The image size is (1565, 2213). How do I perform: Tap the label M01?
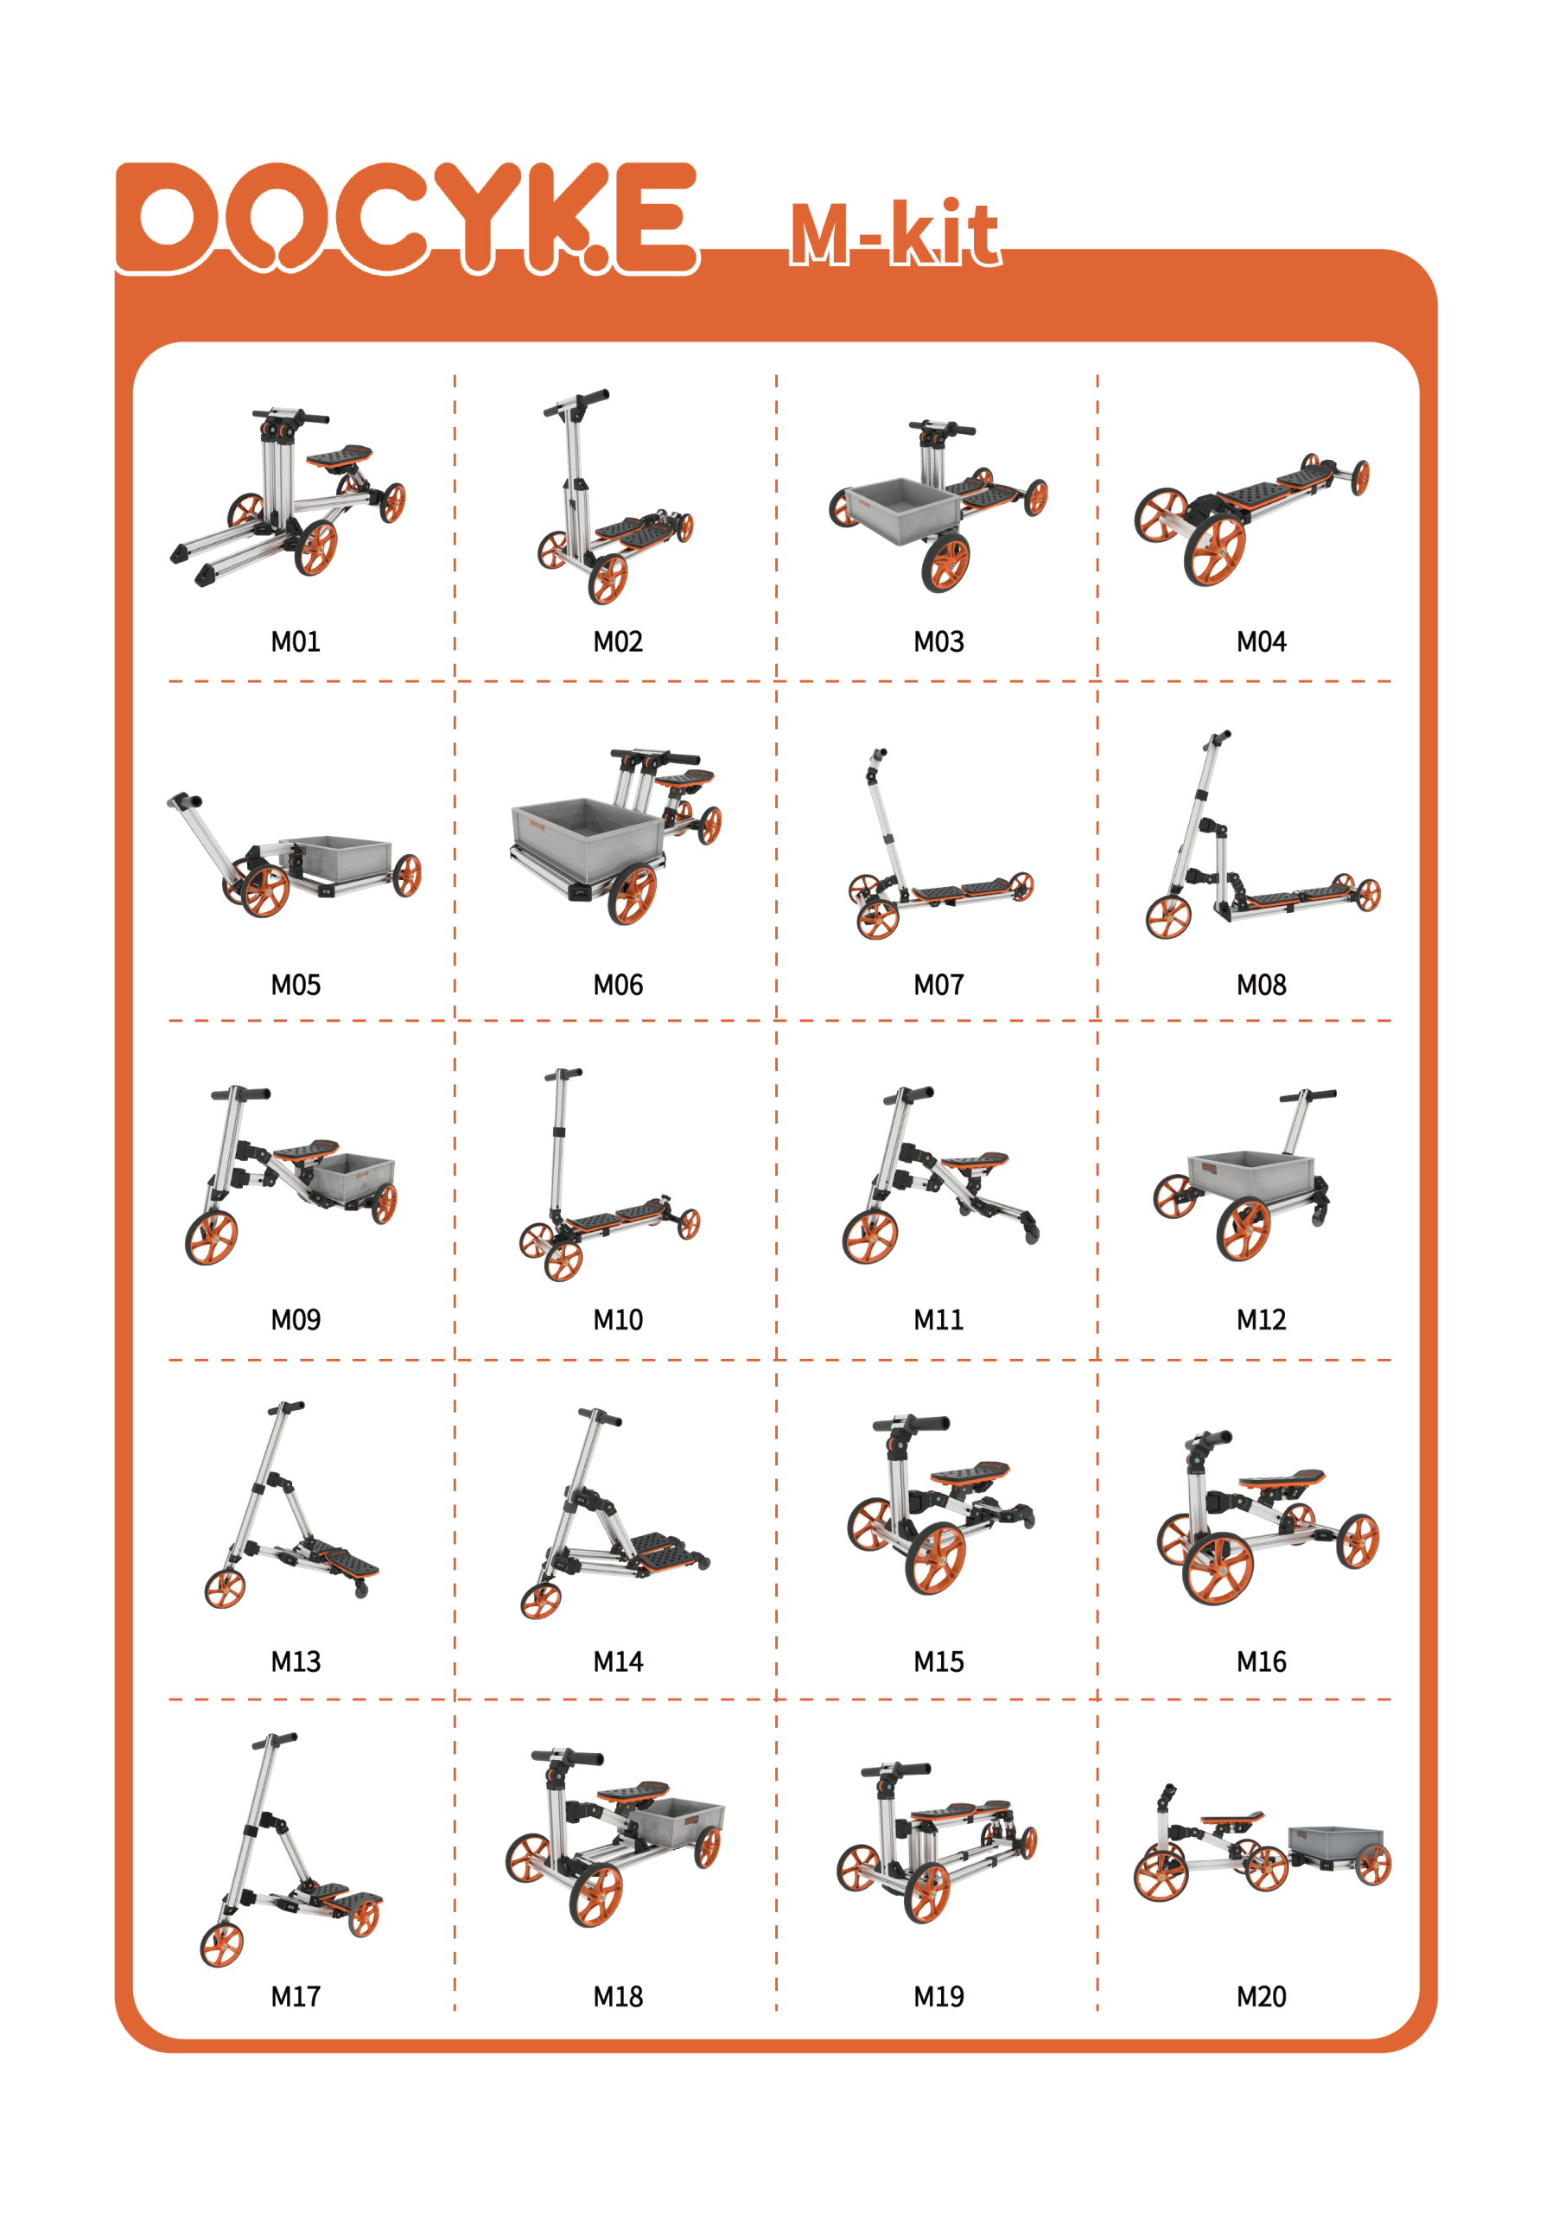pos(295,642)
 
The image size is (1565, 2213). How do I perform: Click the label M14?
pos(618,1661)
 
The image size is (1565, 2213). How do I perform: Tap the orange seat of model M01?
pos(340,454)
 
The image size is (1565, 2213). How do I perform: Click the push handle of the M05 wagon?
pos(184,801)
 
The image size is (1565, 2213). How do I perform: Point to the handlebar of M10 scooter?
pos(563,1073)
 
